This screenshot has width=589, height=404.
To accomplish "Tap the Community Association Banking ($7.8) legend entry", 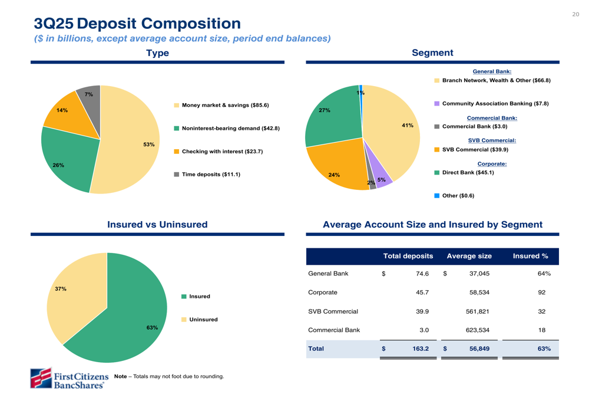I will point(495,103).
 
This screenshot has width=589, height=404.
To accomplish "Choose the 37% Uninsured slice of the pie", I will point(74,301).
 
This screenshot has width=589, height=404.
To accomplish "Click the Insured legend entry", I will point(199,297).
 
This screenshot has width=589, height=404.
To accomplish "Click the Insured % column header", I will point(530,257).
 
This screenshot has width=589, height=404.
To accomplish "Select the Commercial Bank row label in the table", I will point(334,330).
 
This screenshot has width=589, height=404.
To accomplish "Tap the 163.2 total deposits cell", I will point(420,349).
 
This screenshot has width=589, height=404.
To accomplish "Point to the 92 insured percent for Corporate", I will point(541,293).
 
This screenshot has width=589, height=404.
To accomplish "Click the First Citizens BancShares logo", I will point(70,378).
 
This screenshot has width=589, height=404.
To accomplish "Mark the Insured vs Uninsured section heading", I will point(157,225).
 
